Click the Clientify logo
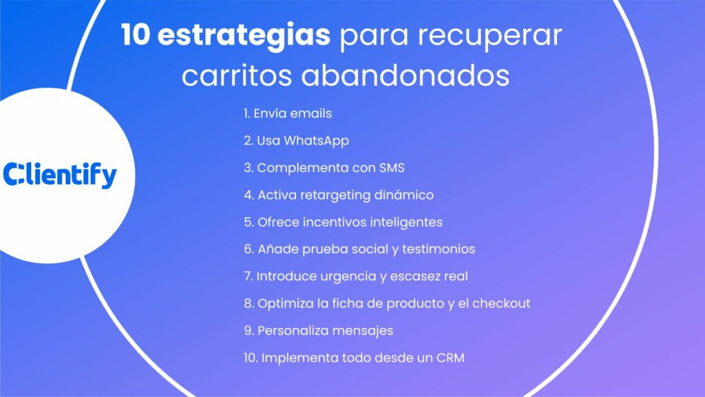click(x=60, y=175)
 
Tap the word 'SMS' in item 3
click(x=392, y=167)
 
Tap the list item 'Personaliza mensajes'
click(x=319, y=331)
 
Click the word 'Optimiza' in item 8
click(x=282, y=303)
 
